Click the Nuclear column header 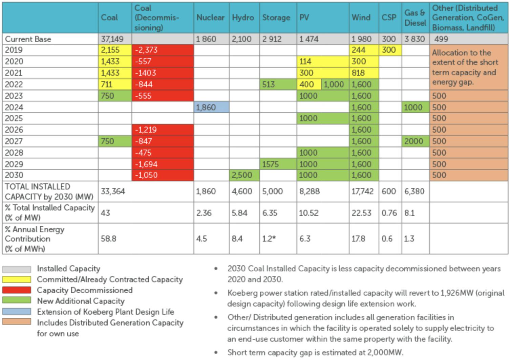(x=210, y=18)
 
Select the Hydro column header (x=243, y=18)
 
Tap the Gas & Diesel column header (x=415, y=18)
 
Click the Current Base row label (x=28, y=39)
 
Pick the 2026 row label (x=14, y=130)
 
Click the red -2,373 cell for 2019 (x=146, y=50)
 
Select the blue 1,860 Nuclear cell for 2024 (x=206, y=108)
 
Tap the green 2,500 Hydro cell (x=242, y=175)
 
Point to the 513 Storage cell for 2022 (x=269, y=85)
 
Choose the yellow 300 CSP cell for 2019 (x=389, y=50)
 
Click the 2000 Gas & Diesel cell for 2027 (x=414, y=141)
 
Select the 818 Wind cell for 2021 (x=358, y=73)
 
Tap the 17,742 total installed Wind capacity (x=362, y=192)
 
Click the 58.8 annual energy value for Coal (x=109, y=239)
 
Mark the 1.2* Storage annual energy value (x=269, y=239)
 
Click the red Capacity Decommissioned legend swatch (x=17, y=290)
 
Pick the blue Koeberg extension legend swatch (x=17, y=312)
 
